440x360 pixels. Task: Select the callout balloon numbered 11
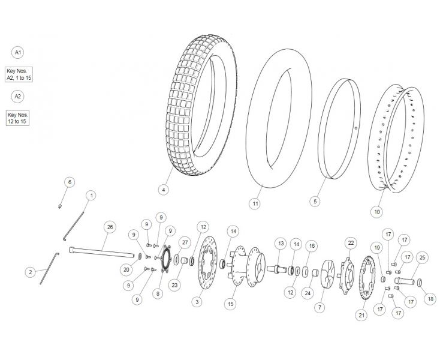[255, 204]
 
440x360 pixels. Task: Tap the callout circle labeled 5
[315, 202]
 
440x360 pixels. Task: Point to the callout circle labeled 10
[376, 211]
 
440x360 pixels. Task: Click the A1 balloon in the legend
[18, 52]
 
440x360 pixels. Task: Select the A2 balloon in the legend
[18, 96]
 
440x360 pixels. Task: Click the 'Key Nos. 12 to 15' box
[18, 118]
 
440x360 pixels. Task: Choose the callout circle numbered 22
[351, 242]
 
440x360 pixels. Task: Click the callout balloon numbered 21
[361, 314]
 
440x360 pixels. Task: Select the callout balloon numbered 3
[197, 302]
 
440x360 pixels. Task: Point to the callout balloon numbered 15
[231, 304]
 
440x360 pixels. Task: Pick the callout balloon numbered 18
[430, 298]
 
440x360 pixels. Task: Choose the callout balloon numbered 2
[30, 272]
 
